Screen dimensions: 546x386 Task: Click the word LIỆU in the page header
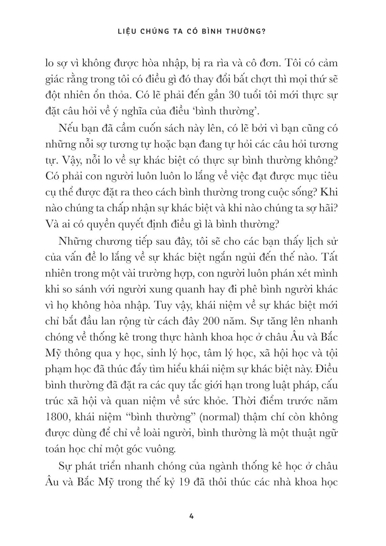(x=126, y=31)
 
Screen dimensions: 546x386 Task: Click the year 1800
(x=56, y=417)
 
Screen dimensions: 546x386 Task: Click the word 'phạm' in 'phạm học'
(x=57, y=369)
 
